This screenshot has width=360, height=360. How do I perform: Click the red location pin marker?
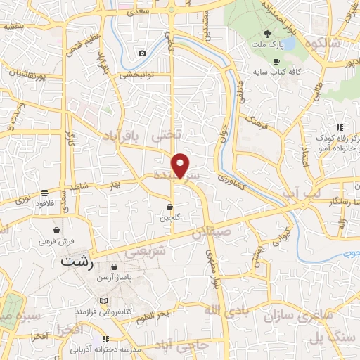pyautogui.click(x=181, y=165)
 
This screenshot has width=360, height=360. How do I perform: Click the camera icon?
pyautogui.click(x=143, y=53)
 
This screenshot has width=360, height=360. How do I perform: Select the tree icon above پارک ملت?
pyautogui.click(x=266, y=34)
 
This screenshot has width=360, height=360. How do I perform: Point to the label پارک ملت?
pyautogui.click(x=266, y=45)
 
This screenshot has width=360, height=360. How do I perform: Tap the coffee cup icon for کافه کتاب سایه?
pyautogui.click(x=276, y=61)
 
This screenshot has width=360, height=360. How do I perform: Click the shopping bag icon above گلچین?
pyautogui.click(x=170, y=207)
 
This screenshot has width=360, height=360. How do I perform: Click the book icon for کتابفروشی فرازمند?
pyautogui.click(x=104, y=300)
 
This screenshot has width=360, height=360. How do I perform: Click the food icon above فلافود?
pyautogui.click(x=45, y=193)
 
